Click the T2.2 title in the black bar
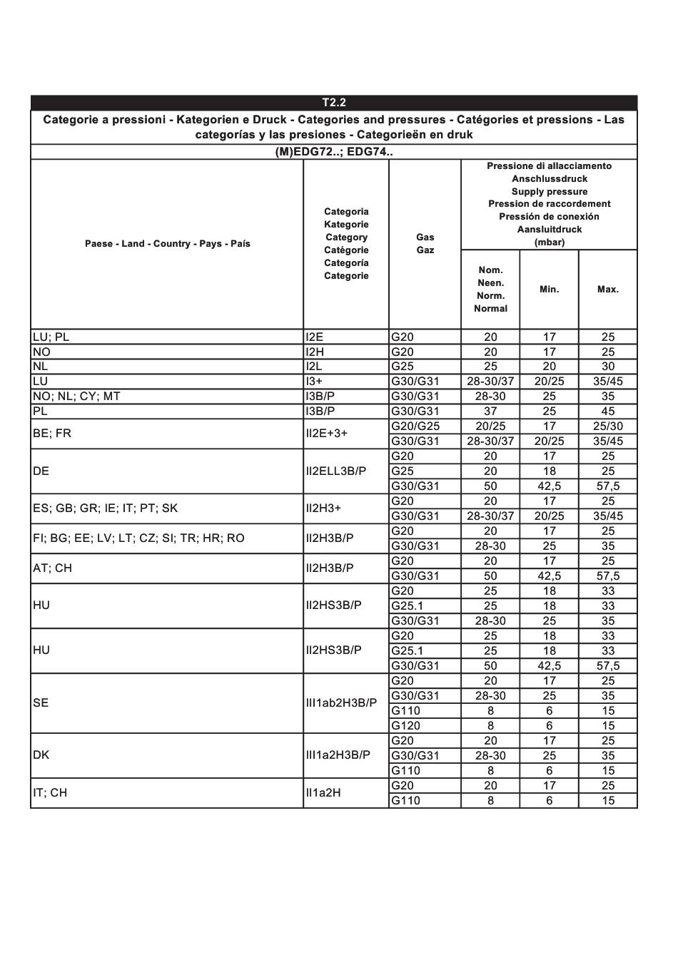coord(334,103)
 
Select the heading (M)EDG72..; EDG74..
coord(334,152)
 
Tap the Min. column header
coord(549,290)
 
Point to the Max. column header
coord(608,290)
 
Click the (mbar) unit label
coord(549,242)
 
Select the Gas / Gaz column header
coord(425,244)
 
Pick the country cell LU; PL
coord(51,337)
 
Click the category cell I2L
coord(315,367)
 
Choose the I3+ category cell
coord(315,382)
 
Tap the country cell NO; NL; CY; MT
coord(76,397)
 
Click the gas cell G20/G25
coord(415,426)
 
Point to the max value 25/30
coord(608,426)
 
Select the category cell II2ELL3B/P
coord(336,471)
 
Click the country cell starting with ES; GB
coord(105,508)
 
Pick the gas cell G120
coord(406,726)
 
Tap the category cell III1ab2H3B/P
coord(341,703)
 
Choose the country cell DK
coord(41,755)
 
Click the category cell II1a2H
coord(324,793)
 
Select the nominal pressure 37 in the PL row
coord(490,411)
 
